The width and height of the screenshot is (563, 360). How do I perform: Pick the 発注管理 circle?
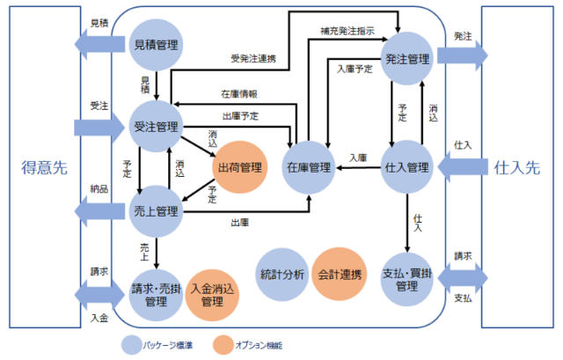tap(407, 59)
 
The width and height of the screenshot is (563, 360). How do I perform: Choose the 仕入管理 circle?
tap(406, 166)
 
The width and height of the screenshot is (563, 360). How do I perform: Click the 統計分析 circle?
tap(283, 274)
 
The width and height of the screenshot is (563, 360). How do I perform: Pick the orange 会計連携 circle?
tap(340, 274)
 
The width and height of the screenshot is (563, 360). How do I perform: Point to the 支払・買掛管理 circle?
tap(406, 279)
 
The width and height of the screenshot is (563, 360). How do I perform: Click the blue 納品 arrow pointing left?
tap(98, 211)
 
